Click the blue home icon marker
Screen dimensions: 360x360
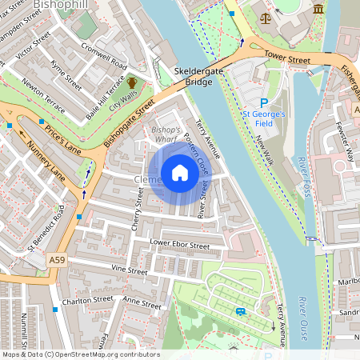click(180, 173)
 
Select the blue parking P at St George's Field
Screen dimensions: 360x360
click(265, 102)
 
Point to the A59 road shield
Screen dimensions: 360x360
click(55, 261)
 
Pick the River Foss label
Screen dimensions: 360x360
click(306, 177)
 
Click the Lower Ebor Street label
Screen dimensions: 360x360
click(179, 244)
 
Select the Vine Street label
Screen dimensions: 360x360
click(130, 271)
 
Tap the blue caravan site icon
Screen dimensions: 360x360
click(241, 310)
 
